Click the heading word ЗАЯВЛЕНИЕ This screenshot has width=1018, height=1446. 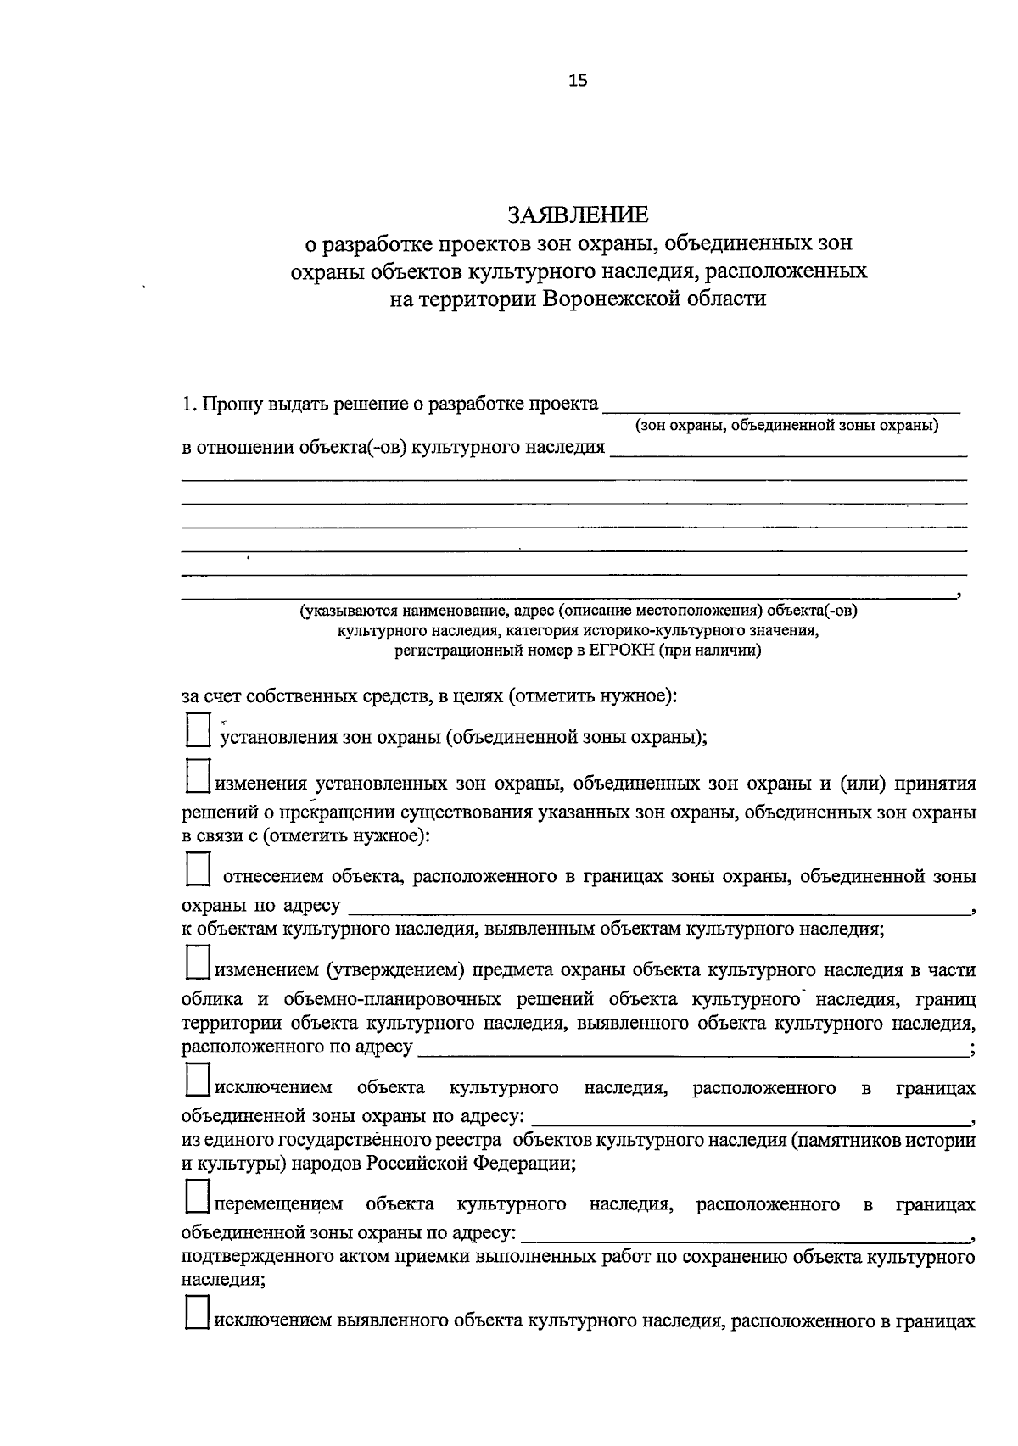click(x=578, y=214)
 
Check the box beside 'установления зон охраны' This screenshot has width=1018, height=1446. click(x=198, y=730)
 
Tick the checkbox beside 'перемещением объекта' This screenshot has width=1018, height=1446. click(x=198, y=1198)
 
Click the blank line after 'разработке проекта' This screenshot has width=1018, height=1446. click(x=780, y=407)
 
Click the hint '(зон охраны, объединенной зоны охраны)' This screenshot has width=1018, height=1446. click(x=786, y=426)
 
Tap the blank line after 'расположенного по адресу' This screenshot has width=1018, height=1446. click(x=691, y=1050)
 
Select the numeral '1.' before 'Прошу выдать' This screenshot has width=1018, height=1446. click(x=189, y=405)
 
